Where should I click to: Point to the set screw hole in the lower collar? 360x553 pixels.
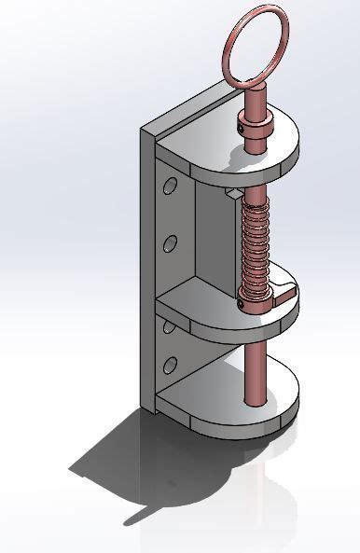(x=244, y=299)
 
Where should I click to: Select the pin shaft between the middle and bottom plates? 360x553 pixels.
(x=254, y=364)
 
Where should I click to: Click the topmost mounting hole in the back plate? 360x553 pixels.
(x=170, y=187)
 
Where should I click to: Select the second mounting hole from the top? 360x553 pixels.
(x=170, y=244)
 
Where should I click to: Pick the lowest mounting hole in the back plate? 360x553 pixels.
(x=170, y=363)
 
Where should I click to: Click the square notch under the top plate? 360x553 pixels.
(x=231, y=194)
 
